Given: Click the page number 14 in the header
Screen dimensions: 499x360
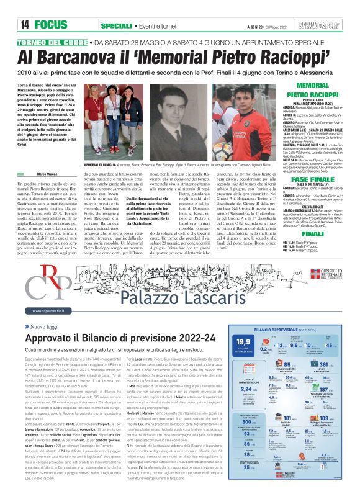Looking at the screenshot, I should [25, 25].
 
